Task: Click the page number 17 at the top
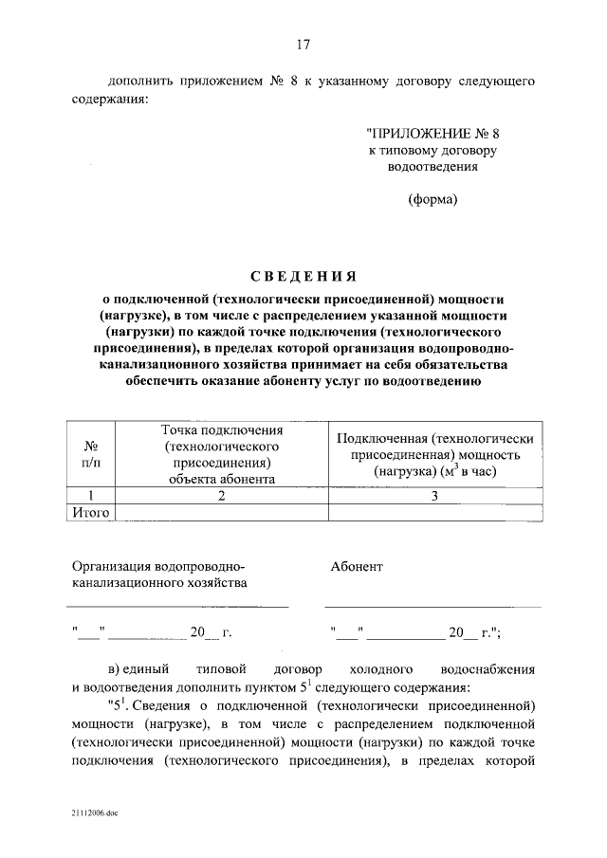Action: point(303,45)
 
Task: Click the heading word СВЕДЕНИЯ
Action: point(303,276)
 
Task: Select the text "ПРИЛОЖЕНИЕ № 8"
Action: point(432,134)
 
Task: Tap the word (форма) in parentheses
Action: point(432,199)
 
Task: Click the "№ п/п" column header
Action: point(92,452)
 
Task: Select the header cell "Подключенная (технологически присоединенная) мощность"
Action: point(435,454)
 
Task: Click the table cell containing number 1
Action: point(92,496)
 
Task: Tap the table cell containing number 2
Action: point(222,496)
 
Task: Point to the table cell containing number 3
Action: point(435,496)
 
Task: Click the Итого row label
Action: point(92,513)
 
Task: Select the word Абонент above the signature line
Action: point(357,566)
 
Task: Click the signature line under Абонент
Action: point(432,606)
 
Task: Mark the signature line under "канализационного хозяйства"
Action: point(179,606)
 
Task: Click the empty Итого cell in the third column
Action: point(435,513)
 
